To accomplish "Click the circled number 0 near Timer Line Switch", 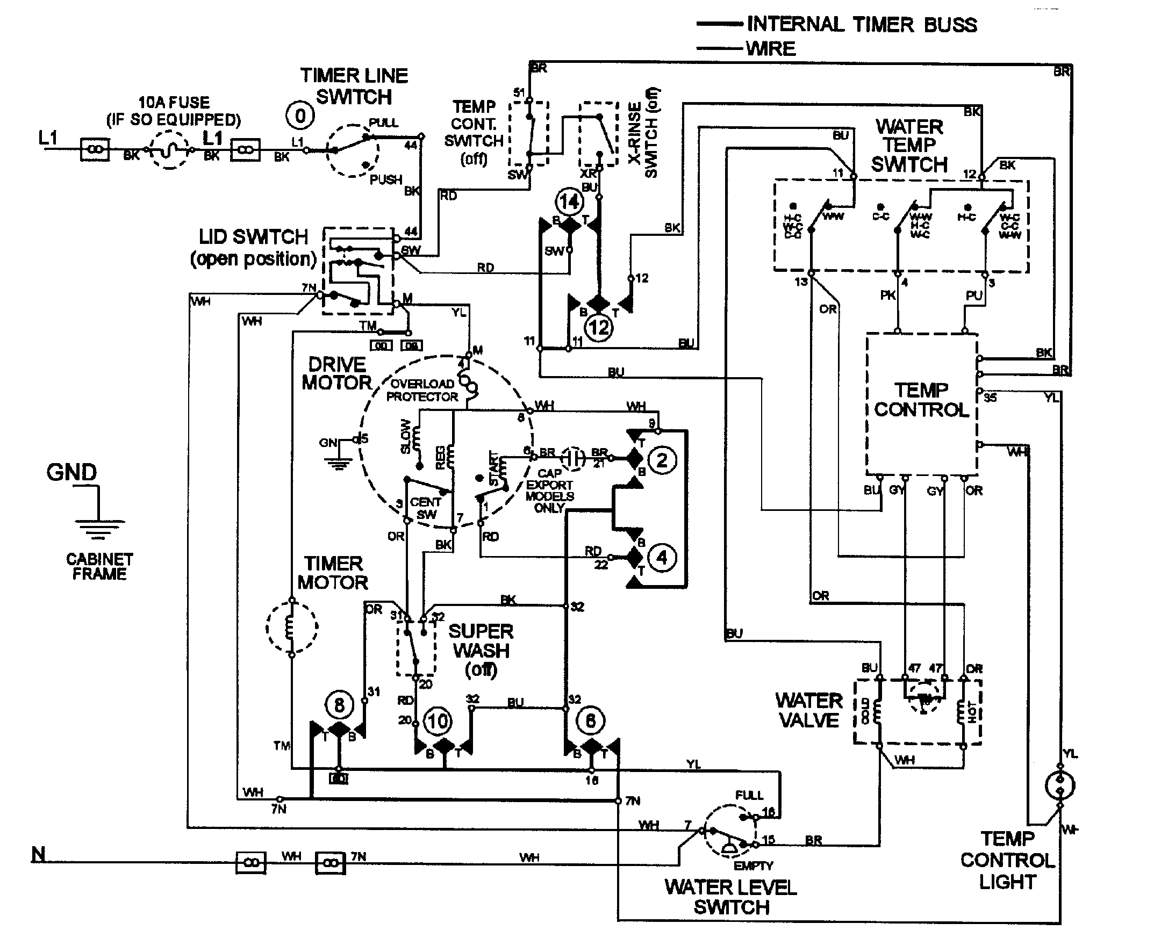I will (x=299, y=116).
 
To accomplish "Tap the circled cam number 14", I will (x=569, y=202).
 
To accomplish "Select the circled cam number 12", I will (x=598, y=328).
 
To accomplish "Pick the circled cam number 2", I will (x=662, y=460).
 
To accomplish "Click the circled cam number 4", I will (x=662, y=558).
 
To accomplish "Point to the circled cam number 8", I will (x=339, y=705).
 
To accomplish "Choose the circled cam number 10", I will (x=438, y=722).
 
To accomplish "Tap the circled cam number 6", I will (x=590, y=722).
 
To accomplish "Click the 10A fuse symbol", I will (x=169, y=150).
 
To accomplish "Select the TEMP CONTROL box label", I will (x=921, y=400).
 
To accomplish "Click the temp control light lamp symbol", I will (x=1060, y=785).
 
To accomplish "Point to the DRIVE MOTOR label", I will (x=337, y=374).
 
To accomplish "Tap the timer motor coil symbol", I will (x=291, y=626).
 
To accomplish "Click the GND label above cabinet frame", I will (x=71, y=472).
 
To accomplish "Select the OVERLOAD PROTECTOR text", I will (x=422, y=390).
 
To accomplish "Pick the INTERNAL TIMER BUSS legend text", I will (x=862, y=25).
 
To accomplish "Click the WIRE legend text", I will (x=771, y=49).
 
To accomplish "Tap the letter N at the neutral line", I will (x=38, y=855).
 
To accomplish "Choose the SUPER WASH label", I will (x=481, y=641).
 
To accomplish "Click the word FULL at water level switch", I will (x=749, y=795).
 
